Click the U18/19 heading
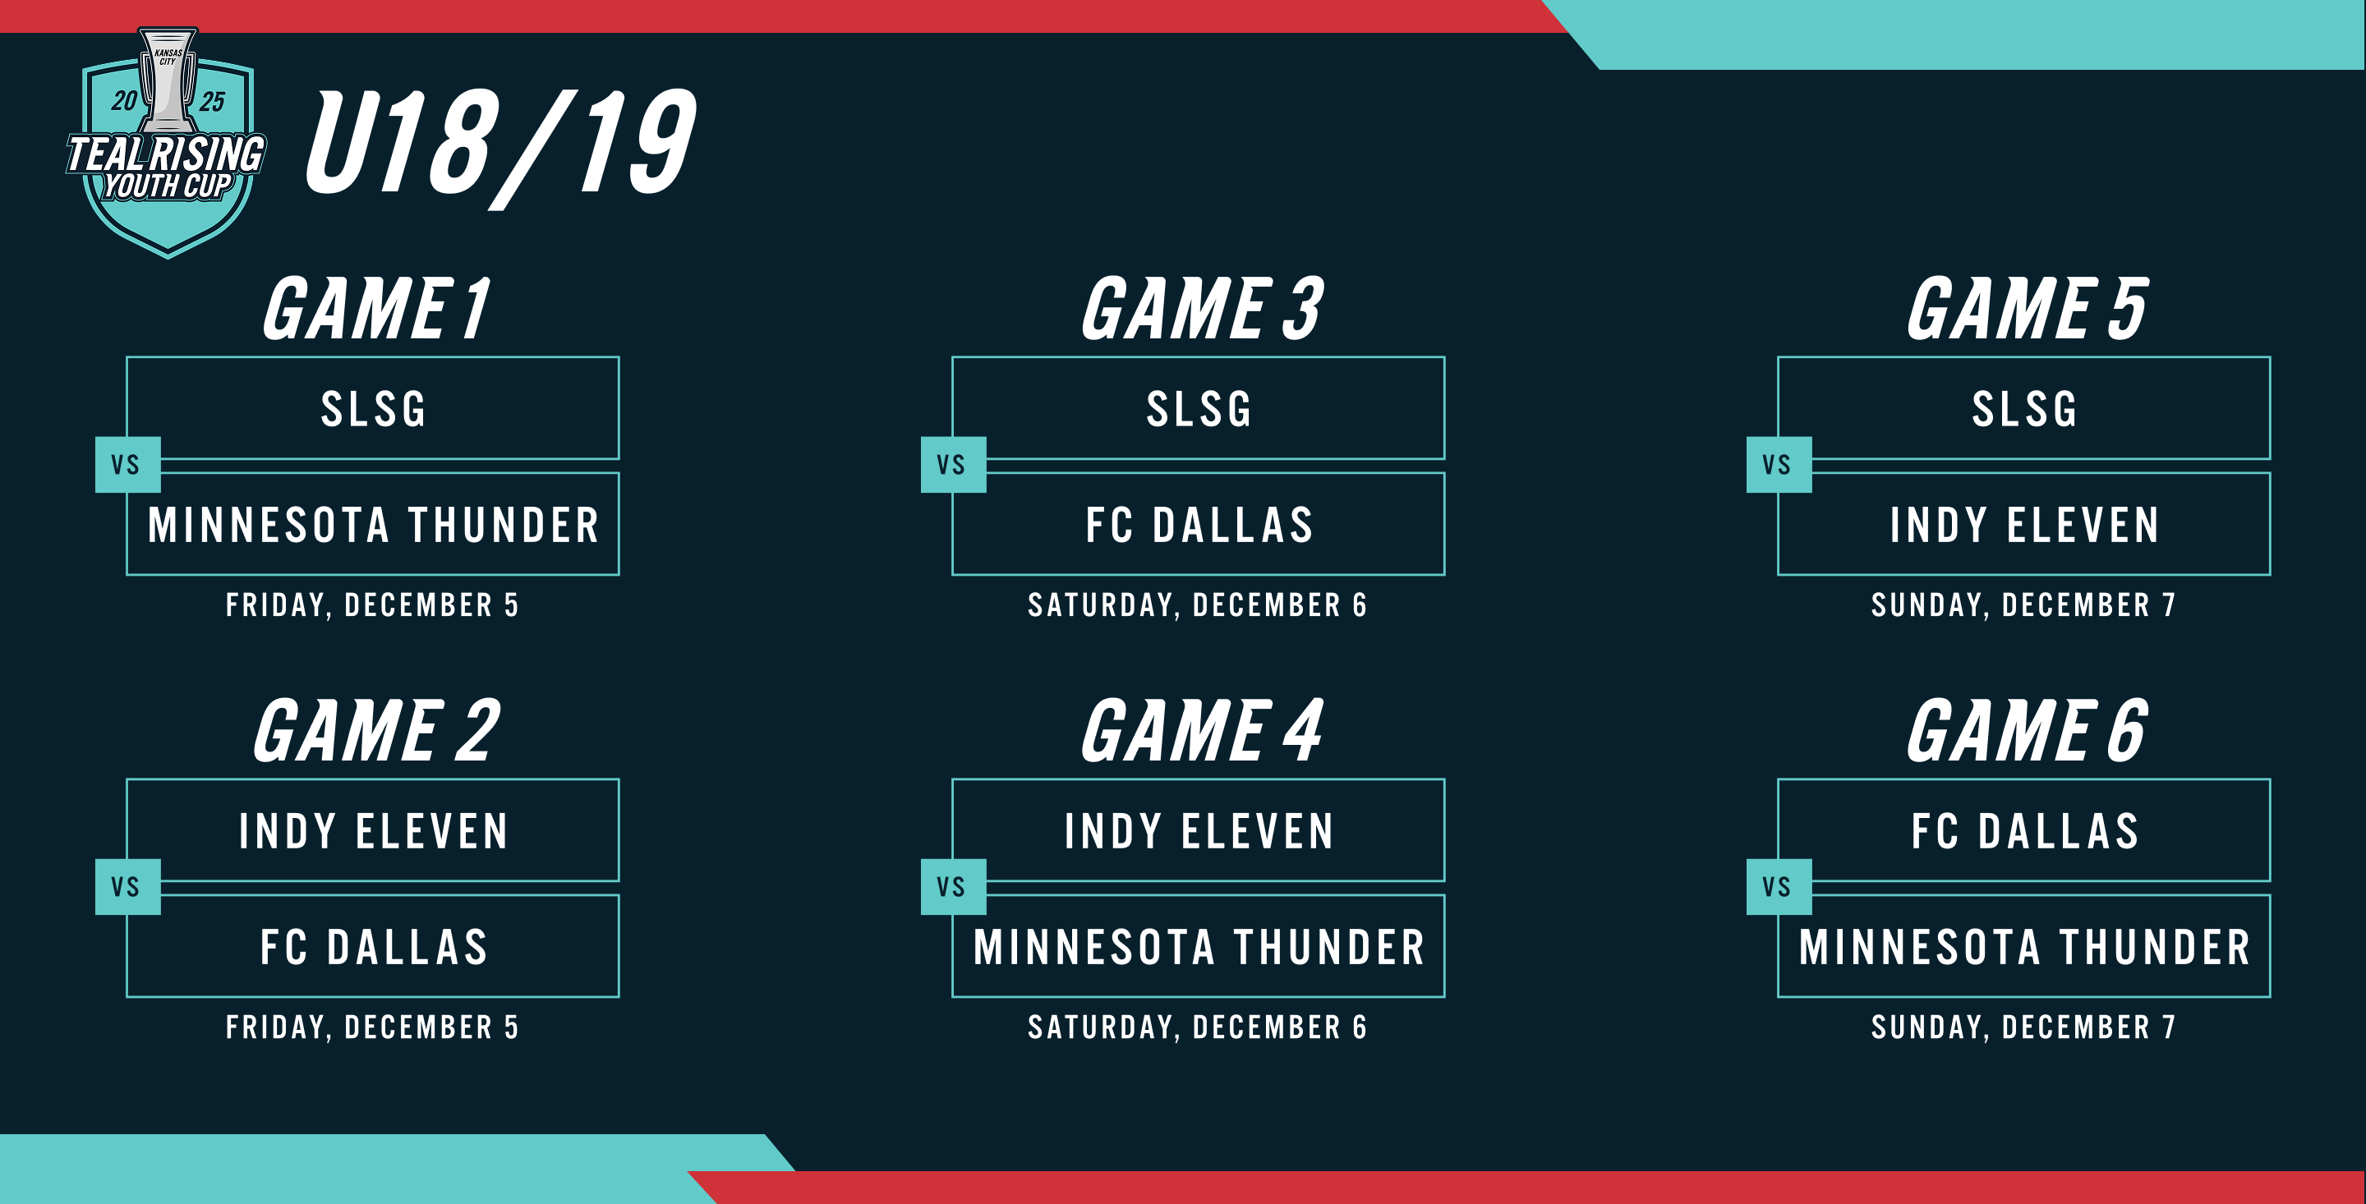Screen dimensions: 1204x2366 pos(499,145)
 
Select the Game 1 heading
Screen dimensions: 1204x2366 pos(376,310)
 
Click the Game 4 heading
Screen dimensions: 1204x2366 pos(1202,732)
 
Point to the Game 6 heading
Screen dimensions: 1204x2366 pos(2027,732)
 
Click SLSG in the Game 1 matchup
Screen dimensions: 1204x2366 pos(373,409)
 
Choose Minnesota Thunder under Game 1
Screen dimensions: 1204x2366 pos(373,526)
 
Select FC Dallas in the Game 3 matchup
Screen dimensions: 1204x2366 pos(1199,526)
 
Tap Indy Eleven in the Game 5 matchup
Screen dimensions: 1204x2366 pos(2024,526)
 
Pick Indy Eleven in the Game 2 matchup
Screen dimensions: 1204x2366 pos(373,831)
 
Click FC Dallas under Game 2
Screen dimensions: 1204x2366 pos(373,947)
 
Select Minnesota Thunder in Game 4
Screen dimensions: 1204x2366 pos(1199,947)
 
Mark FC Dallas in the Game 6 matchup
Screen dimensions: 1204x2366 pos(2024,831)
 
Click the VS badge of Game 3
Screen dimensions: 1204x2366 pos(952,465)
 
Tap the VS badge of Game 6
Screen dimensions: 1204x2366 pos(1778,886)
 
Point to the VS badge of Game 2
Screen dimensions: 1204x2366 pos(127,886)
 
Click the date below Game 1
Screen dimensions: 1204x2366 pos(373,605)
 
